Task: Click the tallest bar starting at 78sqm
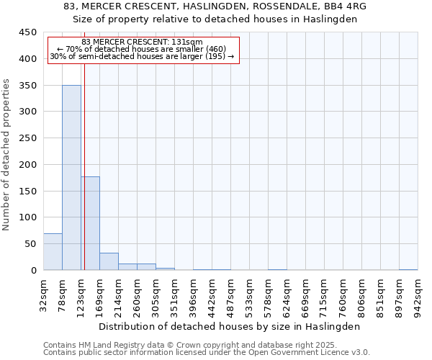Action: pyautogui.click(x=71, y=178)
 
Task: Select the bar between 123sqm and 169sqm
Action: pyautogui.click(x=90, y=223)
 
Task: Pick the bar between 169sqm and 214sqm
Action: pyautogui.click(x=109, y=261)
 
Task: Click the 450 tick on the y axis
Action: pyautogui.click(x=28, y=32)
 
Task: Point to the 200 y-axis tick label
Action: pyautogui.click(x=28, y=165)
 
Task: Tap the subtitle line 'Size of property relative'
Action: pyautogui.click(x=215, y=19)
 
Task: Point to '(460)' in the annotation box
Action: pyautogui.click(x=215, y=49)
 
